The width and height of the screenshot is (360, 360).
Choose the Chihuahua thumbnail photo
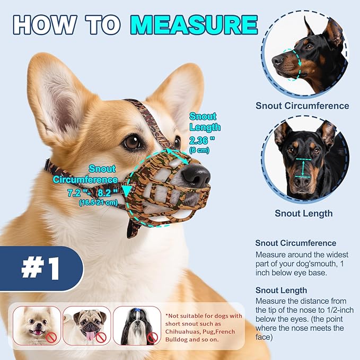(x=37, y=326)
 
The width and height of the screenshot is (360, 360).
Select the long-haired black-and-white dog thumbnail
(x=136, y=326)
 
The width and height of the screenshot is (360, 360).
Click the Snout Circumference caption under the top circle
(x=302, y=106)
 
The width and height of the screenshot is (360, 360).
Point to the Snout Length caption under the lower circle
(x=303, y=214)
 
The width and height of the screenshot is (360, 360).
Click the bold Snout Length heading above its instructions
(x=281, y=290)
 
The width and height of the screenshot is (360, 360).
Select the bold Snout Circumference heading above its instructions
(x=295, y=243)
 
